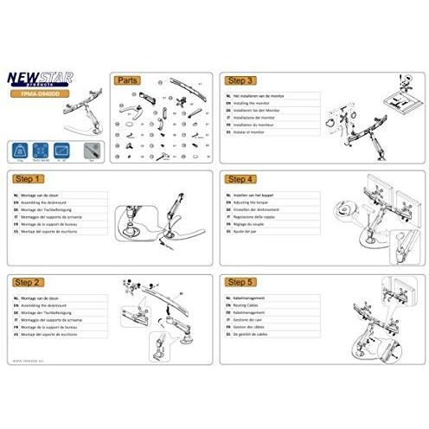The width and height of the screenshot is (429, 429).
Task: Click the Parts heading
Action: tap(128, 78)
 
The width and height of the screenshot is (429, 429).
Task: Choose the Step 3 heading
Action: tap(240, 78)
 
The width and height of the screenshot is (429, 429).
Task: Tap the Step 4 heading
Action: tap(240, 179)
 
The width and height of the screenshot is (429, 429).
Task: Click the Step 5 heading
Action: tap(240, 282)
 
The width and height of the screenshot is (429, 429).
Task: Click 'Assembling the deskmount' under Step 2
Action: tap(47, 304)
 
